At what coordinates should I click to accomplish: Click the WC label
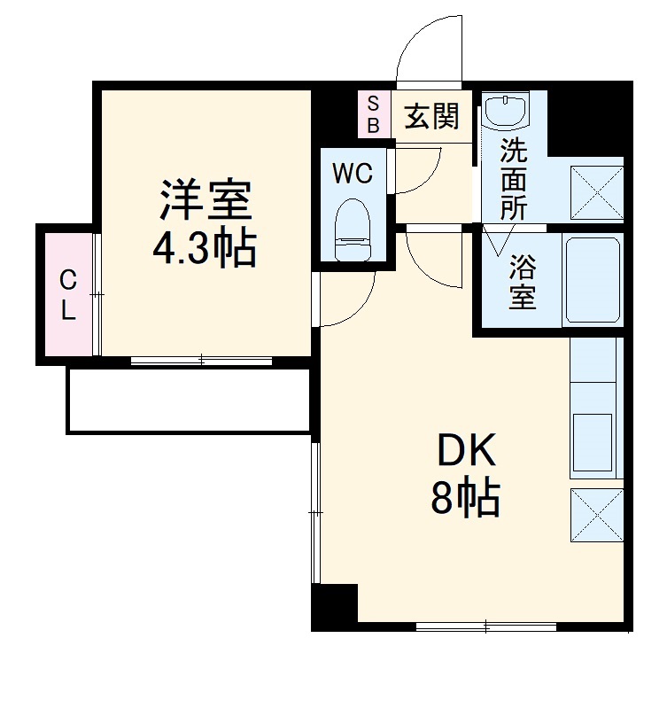tap(353, 174)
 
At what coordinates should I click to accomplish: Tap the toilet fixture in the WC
tap(353, 229)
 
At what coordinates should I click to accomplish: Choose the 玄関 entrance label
tap(431, 116)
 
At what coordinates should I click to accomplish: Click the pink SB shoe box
tap(373, 114)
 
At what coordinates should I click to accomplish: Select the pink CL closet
tap(67, 294)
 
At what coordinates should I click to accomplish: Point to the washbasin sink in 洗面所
tap(507, 112)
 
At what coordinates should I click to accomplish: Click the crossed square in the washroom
tap(596, 191)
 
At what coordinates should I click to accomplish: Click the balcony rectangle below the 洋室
tap(188, 401)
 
